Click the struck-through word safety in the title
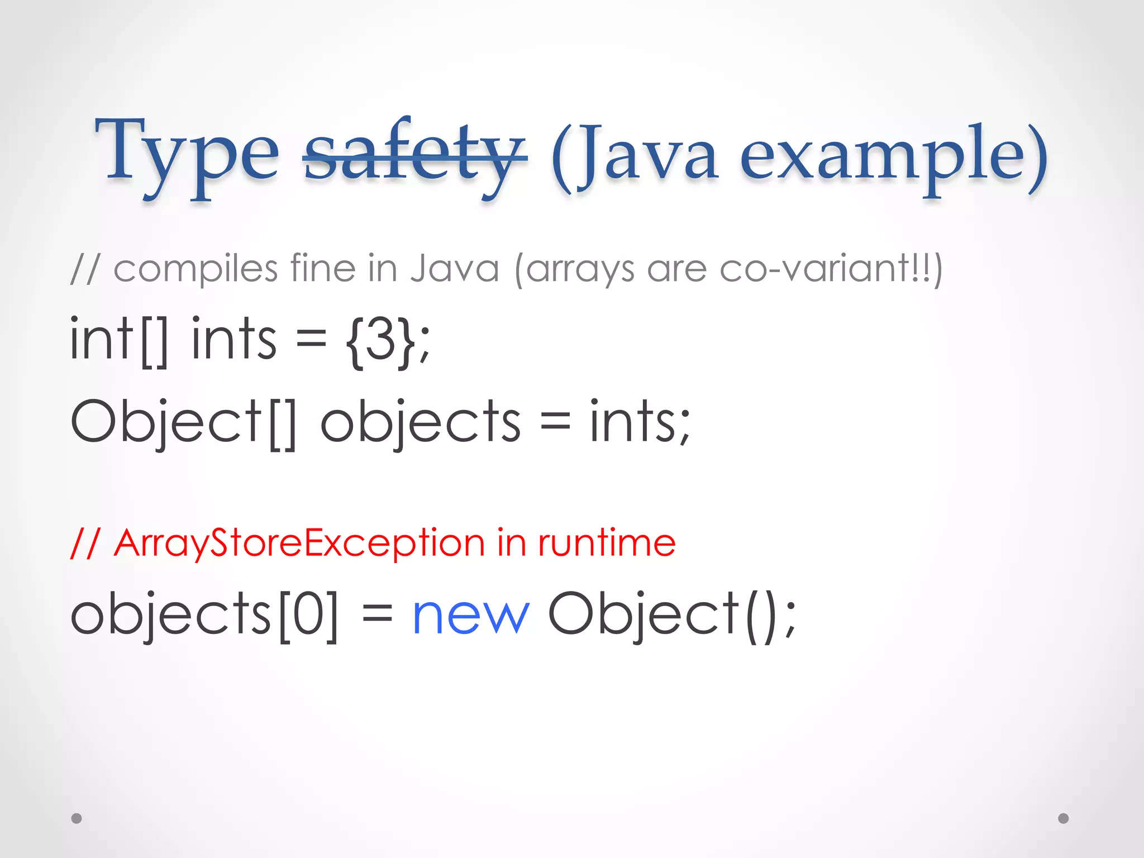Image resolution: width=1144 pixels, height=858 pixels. pos(414,154)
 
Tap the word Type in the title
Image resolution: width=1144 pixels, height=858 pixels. pos(187,154)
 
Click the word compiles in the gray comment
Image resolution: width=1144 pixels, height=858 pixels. pos(196,269)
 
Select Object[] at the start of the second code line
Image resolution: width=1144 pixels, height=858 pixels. pos(183,422)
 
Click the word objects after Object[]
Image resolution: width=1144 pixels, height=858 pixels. pos(420,422)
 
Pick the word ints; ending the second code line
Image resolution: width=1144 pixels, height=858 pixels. pos(640,422)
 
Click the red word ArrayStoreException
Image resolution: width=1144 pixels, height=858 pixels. pos(299,543)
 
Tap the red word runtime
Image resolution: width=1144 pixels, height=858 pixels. pos(607,543)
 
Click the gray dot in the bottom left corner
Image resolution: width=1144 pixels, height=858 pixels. pos(77,818)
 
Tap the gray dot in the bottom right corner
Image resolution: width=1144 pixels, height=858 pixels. pos(1064,818)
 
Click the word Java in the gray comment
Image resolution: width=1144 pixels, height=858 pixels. pos(454,269)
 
